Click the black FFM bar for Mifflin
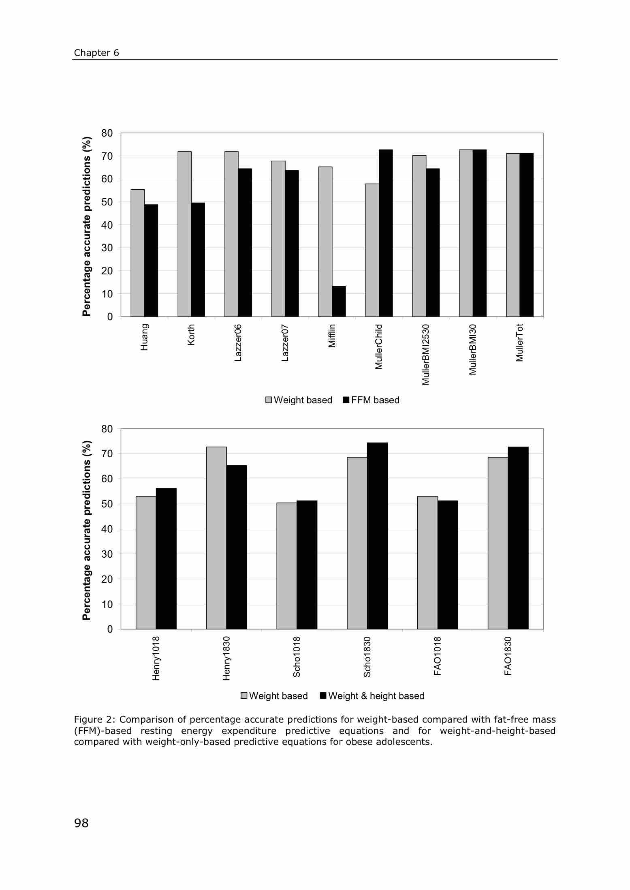[x=339, y=301]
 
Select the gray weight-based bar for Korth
[x=185, y=234]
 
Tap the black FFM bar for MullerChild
[x=386, y=233]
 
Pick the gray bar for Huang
[x=138, y=253]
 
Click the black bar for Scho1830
[x=378, y=536]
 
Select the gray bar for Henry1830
[x=216, y=538]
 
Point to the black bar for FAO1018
[x=448, y=565]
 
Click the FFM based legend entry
[x=371, y=400]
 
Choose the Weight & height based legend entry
[x=372, y=696]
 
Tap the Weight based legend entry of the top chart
[x=299, y=400]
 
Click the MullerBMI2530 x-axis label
[x=425, y=354]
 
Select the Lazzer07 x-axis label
[x=285, y=342]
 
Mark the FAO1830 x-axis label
[x=508, y=656]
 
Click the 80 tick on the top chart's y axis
[x=107, y=133]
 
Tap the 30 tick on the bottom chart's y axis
[x=107, y=554]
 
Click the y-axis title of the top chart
[x=87, y=226]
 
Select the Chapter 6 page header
[x=96, y=53]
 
